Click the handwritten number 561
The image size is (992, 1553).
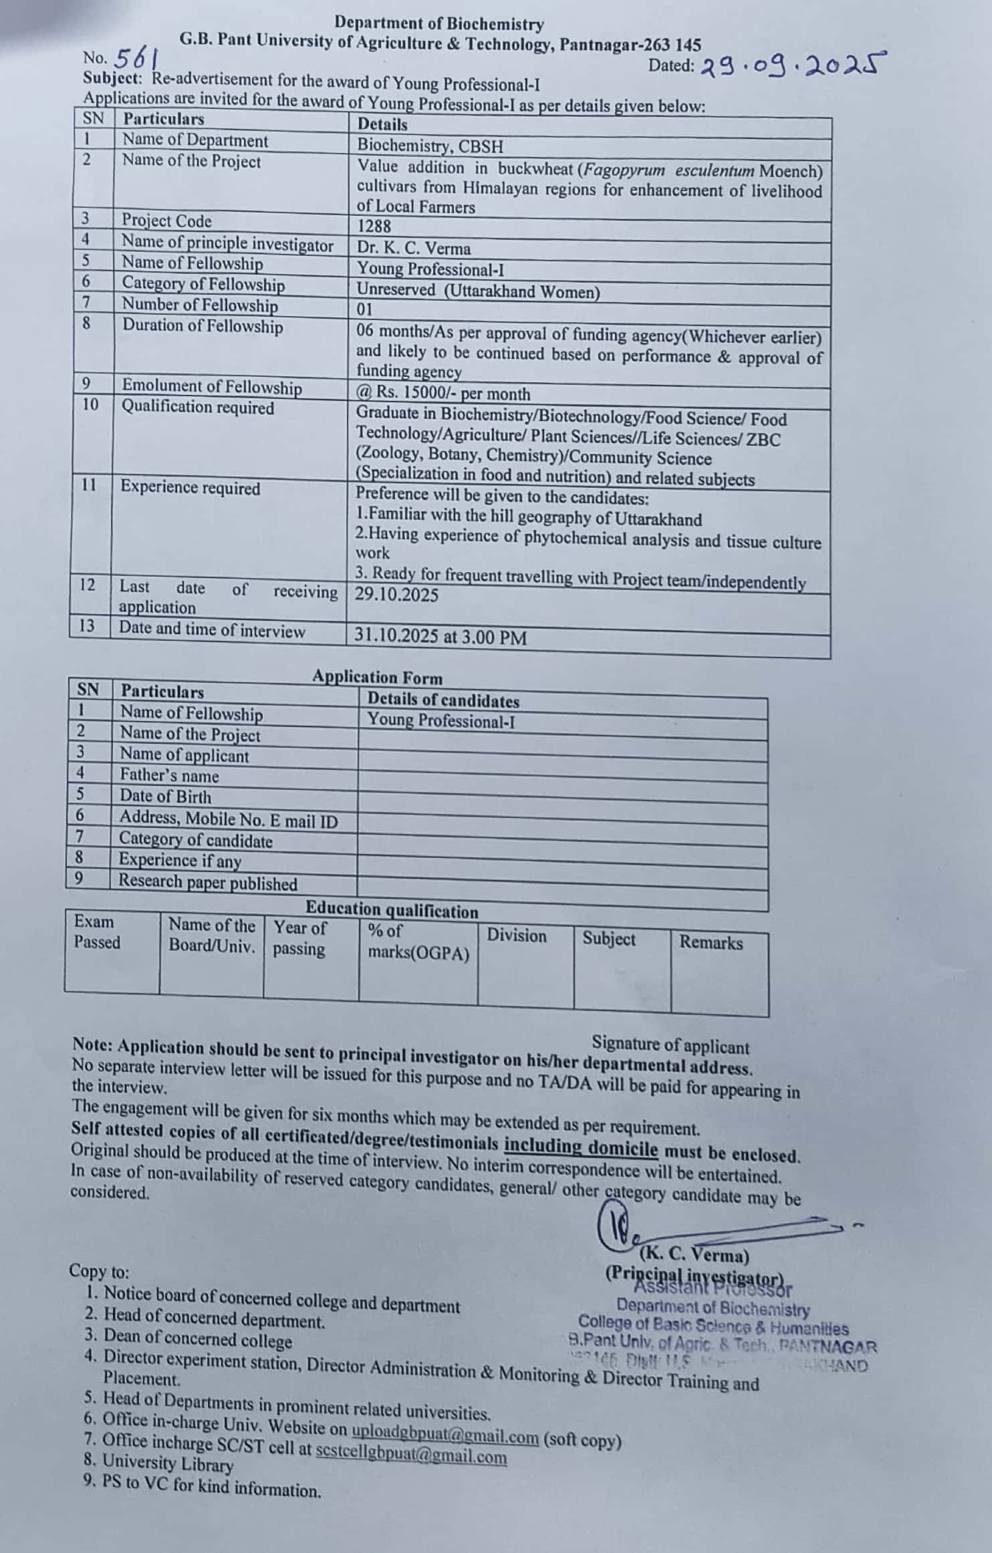pyautogui.click(x=136, y=59)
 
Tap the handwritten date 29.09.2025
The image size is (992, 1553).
pyautogui.click(x=793, y=65)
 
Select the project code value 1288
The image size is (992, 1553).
pyautogui.click(x=374, y=226)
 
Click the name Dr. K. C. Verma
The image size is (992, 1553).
pyautogui.click(x=413, y=248)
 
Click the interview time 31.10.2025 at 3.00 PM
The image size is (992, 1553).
pyautogui.click(x=440, y=636)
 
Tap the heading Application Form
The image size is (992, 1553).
pyautogui.click(x=377, y=678)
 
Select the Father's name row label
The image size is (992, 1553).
pyautogui.click(x=169, y=775)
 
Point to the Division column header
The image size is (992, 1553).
pyautogui.click(x=516, y=935)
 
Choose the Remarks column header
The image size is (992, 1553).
pyautogui.click(x=711, y=942)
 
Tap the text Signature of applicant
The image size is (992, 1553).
pyautogui.click(x=670, y=1045)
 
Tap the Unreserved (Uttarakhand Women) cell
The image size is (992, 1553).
pyautogui.click(x=478, y=291)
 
